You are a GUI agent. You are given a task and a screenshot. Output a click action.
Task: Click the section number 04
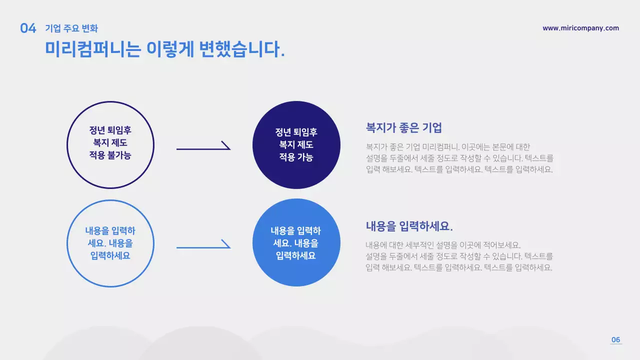click(x=28, y=28)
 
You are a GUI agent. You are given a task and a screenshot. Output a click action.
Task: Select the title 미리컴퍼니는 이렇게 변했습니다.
click(x=165, y=49)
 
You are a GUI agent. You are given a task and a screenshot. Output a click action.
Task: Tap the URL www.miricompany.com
click(x=580, y=28)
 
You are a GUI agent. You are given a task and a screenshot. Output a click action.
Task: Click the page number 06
click(x=615, y=340)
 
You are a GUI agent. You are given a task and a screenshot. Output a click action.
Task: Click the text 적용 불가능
click(x=110, y=155)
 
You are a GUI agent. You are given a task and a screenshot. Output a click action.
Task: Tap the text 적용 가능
click(x=296, y=157)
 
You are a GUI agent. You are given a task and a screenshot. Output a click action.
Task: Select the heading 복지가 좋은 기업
click(x=404, y=128)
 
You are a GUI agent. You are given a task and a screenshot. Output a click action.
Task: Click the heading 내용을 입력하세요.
click(x=409, y=226)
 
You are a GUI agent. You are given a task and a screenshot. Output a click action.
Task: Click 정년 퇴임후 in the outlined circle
click(x=110, y=130)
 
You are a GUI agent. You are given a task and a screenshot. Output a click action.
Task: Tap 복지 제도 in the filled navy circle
click(x=296, y=145)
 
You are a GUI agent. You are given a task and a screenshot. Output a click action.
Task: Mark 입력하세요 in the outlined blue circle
click(x=110, y=255)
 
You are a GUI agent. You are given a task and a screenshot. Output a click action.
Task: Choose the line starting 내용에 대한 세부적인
click(x=443, y=245)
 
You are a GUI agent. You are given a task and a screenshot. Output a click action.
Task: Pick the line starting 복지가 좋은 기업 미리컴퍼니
click(x=447, y=147)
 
